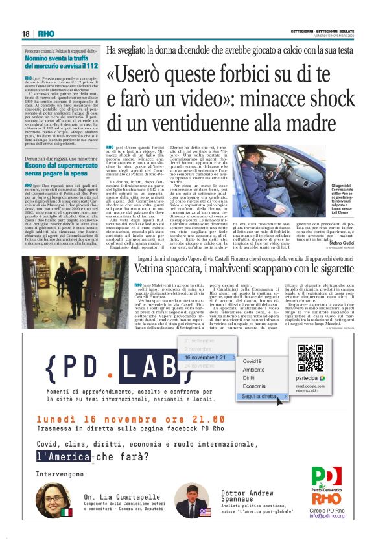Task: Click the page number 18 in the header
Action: click(x=25, y=34)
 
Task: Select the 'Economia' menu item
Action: click(x=253, y=386)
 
